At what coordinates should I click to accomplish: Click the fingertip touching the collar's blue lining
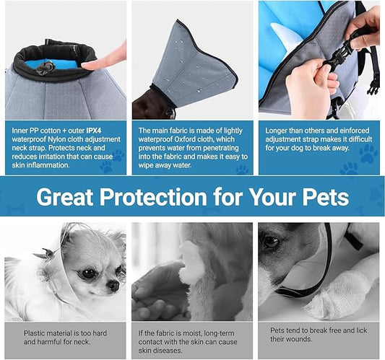[88, 65]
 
